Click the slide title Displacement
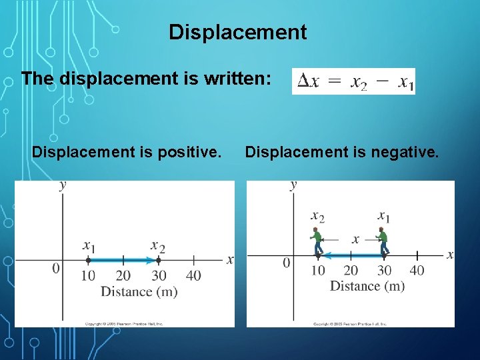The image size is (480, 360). (x=237, y=32)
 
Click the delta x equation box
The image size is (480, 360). (x=353, y=81)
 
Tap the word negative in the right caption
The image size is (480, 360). (x=407, y=153)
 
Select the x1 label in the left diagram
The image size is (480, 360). (x=89, y=246)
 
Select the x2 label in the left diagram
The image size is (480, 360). (x=158, y=246)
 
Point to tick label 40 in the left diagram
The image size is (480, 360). (x=193, y=275)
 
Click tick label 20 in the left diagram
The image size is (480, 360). (x=123, y=275)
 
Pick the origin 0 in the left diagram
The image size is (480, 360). (x=56, y=268)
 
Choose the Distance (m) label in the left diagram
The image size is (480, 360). (x=139, y=291)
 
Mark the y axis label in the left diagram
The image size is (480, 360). (x=63, y=185)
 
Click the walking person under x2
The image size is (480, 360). (x=317, y=241)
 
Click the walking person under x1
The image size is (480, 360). (x=383, y=241)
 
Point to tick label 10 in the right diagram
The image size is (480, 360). (x=318, y=270)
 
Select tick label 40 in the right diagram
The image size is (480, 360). (x=417, y=270)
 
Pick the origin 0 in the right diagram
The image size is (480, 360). (x=287, y=263)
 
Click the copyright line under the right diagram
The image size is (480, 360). (x=351, y=324)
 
